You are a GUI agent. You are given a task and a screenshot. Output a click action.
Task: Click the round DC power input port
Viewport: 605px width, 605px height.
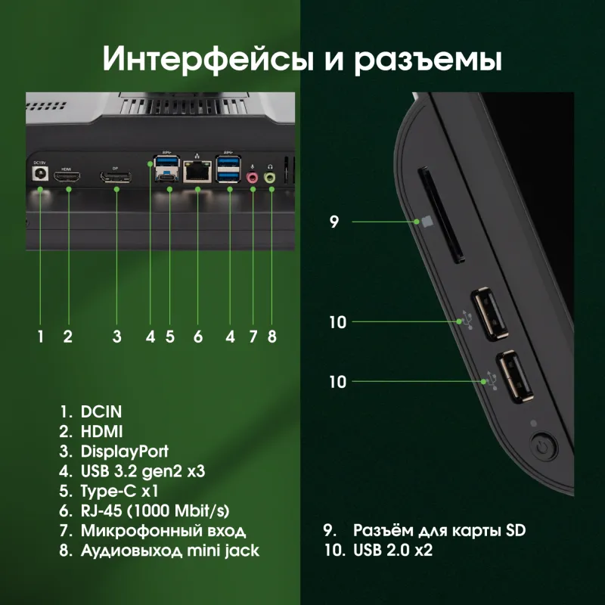(39, 175)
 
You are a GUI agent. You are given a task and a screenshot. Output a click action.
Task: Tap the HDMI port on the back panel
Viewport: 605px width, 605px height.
(68, 177)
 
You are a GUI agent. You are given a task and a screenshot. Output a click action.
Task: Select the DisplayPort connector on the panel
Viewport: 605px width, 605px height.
(116, 177)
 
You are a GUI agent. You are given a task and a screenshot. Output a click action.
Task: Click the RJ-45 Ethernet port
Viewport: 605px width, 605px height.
(197, 172)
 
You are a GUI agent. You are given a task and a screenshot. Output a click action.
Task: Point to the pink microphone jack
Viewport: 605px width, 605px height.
(253, 177)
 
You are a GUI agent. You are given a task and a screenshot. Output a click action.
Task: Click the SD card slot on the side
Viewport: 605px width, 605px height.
(440, 216)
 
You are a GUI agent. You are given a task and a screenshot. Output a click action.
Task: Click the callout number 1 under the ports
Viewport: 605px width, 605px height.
(40, 337)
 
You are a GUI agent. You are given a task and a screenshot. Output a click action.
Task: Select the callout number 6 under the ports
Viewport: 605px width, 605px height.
(198, 337)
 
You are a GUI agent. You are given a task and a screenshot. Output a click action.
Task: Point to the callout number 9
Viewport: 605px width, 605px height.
(334, 222)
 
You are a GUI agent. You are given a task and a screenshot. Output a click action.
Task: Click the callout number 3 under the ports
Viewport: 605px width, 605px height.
(116, 337)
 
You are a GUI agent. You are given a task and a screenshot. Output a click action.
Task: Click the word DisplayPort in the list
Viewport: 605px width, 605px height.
(124, 452)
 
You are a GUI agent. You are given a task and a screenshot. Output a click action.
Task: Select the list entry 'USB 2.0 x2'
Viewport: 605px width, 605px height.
(392, 551)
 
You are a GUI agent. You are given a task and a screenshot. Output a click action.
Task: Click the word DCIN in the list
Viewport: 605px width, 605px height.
(101, 413)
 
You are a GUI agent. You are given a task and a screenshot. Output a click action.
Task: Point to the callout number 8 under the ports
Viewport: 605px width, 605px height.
(272, 337)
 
